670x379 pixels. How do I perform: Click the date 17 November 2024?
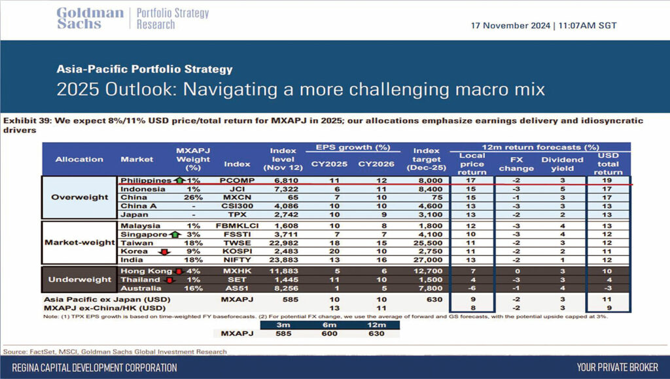510,26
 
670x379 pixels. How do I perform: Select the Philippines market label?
146,180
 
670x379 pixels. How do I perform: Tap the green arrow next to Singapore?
175,234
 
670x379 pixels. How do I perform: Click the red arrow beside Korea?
164,251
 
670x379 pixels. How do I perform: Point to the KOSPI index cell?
237,251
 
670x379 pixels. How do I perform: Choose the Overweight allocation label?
79,197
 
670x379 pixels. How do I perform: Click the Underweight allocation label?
79,280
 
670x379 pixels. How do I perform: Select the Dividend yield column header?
562,164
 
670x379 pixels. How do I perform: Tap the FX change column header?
516,164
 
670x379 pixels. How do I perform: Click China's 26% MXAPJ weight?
193,198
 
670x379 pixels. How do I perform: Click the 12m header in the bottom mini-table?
376,325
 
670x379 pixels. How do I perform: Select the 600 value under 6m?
330,333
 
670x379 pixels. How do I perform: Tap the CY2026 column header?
376,164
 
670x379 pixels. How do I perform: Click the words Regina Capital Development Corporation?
94,367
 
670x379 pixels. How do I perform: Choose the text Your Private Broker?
618,367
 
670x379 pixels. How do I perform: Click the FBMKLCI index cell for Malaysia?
237,226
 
